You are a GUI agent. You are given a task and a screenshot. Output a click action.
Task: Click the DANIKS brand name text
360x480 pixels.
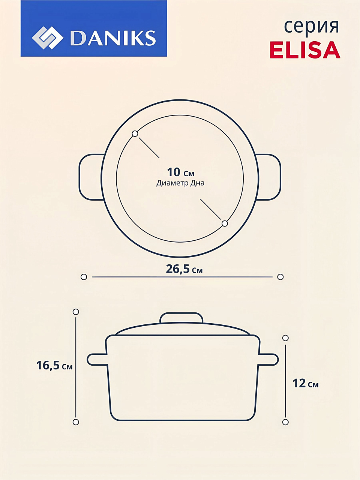113,38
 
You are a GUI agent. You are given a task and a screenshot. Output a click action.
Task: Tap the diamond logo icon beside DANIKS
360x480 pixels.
48,37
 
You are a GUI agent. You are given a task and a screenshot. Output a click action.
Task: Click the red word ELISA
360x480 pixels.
305,50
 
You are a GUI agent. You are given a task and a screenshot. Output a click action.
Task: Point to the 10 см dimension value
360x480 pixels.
180,172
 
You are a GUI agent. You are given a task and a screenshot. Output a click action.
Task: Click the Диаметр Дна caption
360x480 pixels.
180,183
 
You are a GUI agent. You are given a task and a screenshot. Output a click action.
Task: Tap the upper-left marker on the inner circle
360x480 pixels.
135,133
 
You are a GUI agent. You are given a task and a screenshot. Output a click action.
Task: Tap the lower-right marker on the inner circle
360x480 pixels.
225,223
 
